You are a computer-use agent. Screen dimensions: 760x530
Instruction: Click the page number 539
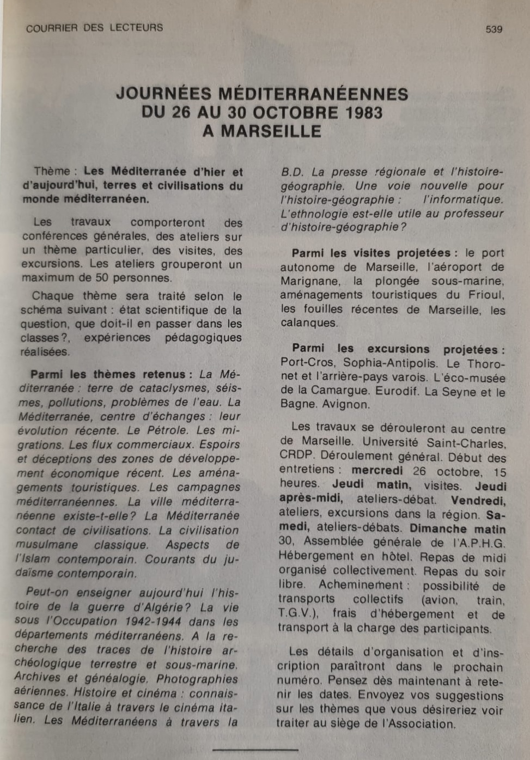coord(494,29)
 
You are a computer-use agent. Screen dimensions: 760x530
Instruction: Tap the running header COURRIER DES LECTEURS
coord(94,28)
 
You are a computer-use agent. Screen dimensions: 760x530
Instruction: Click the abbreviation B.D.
coord(292,172)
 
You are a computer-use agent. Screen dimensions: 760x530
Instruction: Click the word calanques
coord(308,323)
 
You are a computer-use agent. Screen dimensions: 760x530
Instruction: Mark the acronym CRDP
coord(296,455)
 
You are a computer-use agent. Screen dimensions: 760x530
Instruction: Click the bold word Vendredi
coord(478,500)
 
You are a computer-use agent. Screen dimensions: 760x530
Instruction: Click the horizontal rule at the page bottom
coord(248,750)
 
